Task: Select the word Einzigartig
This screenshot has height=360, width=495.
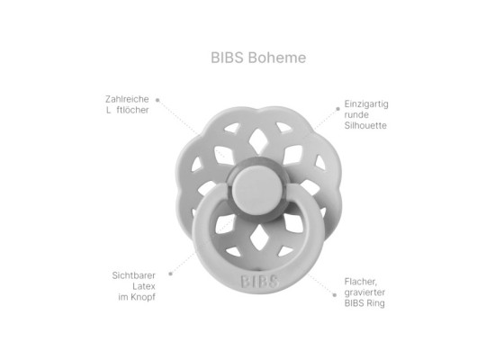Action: [x=367, y=104]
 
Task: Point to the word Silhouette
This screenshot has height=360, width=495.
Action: [x=365, y=126]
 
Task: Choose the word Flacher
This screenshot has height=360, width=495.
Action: [x=362, y=282]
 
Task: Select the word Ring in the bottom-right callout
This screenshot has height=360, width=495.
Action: [x=377, y=303]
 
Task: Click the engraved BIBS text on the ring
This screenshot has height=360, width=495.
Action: [x=258, y=281]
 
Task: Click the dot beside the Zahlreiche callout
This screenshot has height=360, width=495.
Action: [x=157, y=100]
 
